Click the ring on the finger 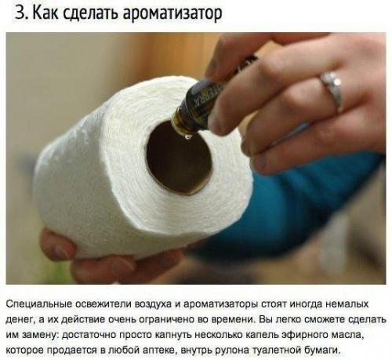(x=332, y=89)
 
